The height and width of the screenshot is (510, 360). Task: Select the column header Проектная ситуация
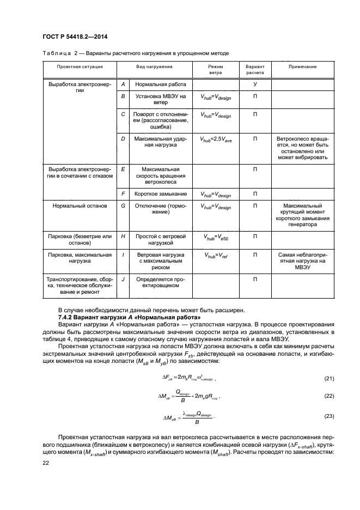80,66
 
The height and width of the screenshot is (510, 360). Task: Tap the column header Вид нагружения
154,66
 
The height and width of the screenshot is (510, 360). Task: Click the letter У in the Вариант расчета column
255,84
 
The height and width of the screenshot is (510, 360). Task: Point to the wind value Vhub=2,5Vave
216,140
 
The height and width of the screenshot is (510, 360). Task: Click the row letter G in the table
123,207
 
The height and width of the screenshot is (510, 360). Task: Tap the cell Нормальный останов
80,207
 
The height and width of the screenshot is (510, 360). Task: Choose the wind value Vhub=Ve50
216,238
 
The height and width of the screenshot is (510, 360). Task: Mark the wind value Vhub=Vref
216,256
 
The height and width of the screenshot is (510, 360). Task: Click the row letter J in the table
123,279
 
